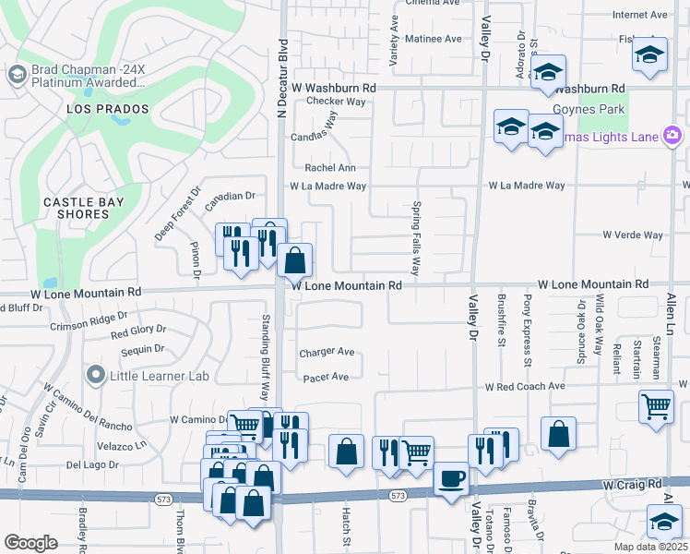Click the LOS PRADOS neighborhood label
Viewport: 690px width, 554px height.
coord(107,109)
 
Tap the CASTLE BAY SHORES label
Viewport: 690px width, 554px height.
coord(77,207)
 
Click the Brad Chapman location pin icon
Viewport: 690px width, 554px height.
coord(16,74)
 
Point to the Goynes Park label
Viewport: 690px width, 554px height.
coord(589,109)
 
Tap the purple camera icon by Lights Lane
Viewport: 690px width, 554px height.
coord(672,137)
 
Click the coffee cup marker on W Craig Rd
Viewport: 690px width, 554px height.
coord(450,478)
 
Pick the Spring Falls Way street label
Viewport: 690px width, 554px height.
coord(416,239)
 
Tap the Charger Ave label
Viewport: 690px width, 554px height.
coord(327,352)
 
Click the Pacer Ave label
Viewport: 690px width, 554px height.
coord(327,377)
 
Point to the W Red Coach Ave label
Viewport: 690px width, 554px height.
coord(526,386)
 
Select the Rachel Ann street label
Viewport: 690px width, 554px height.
coord(330,167)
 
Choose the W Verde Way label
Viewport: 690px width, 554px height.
coord(633,235)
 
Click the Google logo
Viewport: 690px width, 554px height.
coord(30,543)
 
